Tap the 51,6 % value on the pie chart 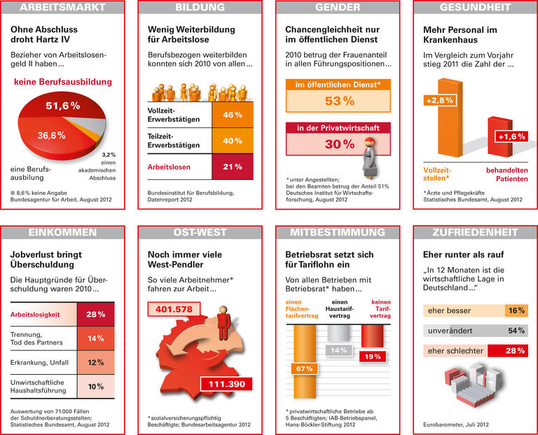pos(62,106)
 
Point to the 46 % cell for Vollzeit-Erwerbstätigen pos(232,115)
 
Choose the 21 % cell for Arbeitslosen pos(232,167)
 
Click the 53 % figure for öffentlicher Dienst pos(338,101)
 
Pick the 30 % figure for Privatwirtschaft pos(338,144)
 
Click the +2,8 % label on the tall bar pos(439,101)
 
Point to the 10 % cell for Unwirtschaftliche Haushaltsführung pos(95,386)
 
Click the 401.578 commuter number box pos(173,309)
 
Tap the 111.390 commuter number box pos(228,384)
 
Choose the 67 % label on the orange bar pos(303,368)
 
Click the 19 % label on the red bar pos(372,357)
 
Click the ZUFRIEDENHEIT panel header pos(474,232)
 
